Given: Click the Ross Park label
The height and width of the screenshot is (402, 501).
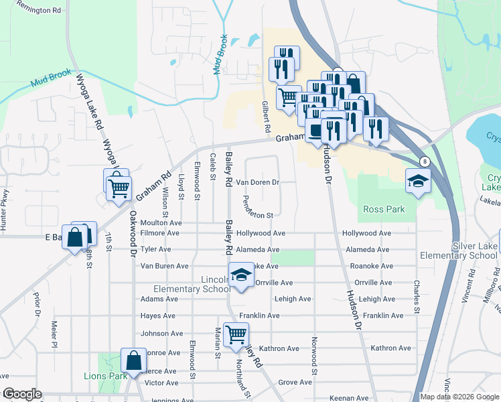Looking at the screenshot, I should (384, 209).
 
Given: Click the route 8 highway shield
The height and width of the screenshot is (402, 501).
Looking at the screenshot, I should (424, 161).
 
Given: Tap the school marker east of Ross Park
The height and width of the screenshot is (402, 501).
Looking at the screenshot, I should (419, 181).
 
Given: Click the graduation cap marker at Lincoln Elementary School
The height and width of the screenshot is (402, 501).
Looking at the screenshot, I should (241, 275).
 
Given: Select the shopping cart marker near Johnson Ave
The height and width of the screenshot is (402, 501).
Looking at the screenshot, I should (236, 334).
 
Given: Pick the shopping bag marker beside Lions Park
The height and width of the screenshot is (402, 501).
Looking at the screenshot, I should (133, 360).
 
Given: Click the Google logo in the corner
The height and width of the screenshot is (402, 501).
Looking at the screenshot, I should (21, 395).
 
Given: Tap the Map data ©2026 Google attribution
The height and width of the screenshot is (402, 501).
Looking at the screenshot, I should (459, 397).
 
